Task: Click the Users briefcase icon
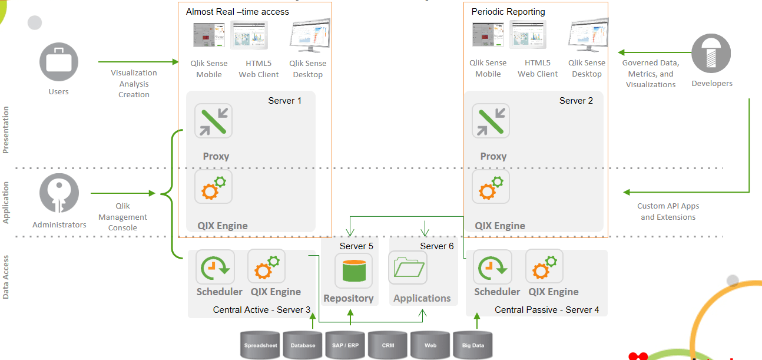(x=59, y=62)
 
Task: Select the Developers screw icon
(x=711, y=54)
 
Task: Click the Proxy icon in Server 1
(x=213, y=121)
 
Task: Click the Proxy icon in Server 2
(x=491, y=121)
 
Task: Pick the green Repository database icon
(x=353, y=270)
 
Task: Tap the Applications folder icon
(x=408, y=269)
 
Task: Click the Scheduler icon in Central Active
(x=215, y=268)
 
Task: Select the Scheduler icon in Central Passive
(x=492, y=268)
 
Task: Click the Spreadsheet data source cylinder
(x=261, y=345)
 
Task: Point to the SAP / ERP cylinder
(x=346, y=345)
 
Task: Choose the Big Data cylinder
(x=472, y=345)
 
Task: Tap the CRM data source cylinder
(x=387, y=345)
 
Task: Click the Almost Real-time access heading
(x=237, y=12)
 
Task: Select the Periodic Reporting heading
(x=508, y=12)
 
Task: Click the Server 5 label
(x=356, y=246)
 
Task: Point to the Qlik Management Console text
(x=122, y=217)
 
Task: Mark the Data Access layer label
(x=6, y=277)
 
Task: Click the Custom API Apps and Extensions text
(x=668, y=212)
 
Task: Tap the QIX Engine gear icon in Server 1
(x=213, y=187)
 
